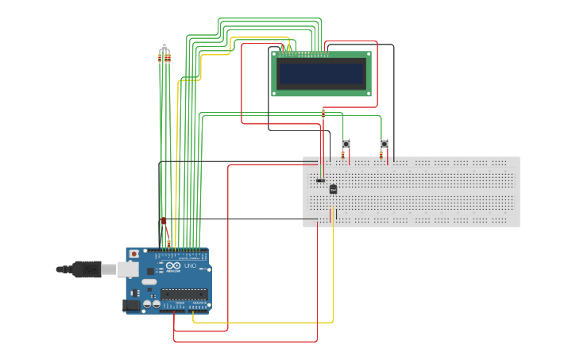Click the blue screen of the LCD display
[x=321, y=74]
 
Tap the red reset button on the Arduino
[x=133, y=254]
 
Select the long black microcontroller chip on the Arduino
[x=184, y=294]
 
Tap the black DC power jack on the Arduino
[x=131, y=304]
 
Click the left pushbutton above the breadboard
[x=346, y=144]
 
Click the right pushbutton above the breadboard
[x=384, y=144]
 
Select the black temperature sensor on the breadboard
[x=333, y=189]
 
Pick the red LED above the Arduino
[x=164, y=222]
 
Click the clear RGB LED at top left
[x=164, y=45]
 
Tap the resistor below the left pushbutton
[x=343, y=154]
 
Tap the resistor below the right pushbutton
[x=381, y=154]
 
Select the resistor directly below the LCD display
[x=323, y=114]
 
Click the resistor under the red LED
[x=168, y=242]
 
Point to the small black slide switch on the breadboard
[x=320, y=180]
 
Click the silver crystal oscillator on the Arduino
[x=149, y=282]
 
